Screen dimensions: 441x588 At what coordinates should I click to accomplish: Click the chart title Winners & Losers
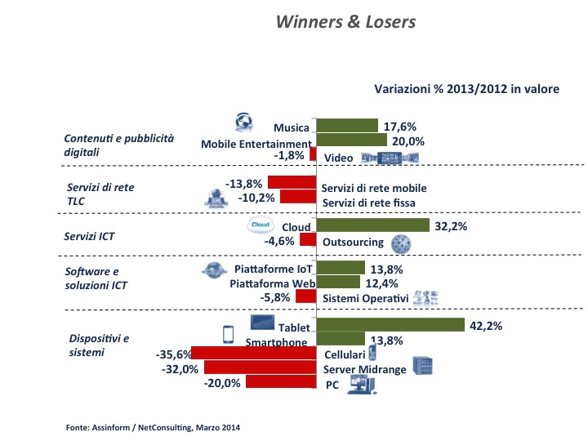point(345,22)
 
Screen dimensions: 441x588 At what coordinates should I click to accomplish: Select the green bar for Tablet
point(389,325)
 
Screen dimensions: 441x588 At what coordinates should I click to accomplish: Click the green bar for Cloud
point(372,225)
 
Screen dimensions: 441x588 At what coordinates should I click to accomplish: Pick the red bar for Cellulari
point(253,354)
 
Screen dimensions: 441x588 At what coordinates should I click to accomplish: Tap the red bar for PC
point(280,381)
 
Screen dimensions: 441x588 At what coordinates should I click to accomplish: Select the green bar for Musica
point(347,126)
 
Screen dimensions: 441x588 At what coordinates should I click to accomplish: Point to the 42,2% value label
point(485,326)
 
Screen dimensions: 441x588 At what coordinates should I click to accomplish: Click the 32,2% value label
point(451,226)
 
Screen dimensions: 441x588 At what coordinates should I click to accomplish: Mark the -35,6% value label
point(172,354)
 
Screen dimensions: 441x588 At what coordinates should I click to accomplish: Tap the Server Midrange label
point(364,370)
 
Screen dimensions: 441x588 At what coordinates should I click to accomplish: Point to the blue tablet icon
point(261,323)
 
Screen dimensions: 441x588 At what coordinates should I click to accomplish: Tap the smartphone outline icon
point(229,336)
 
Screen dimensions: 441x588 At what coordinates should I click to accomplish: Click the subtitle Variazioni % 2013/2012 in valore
point(466,89)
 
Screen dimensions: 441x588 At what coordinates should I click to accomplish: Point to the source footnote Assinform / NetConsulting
point(154,427)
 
